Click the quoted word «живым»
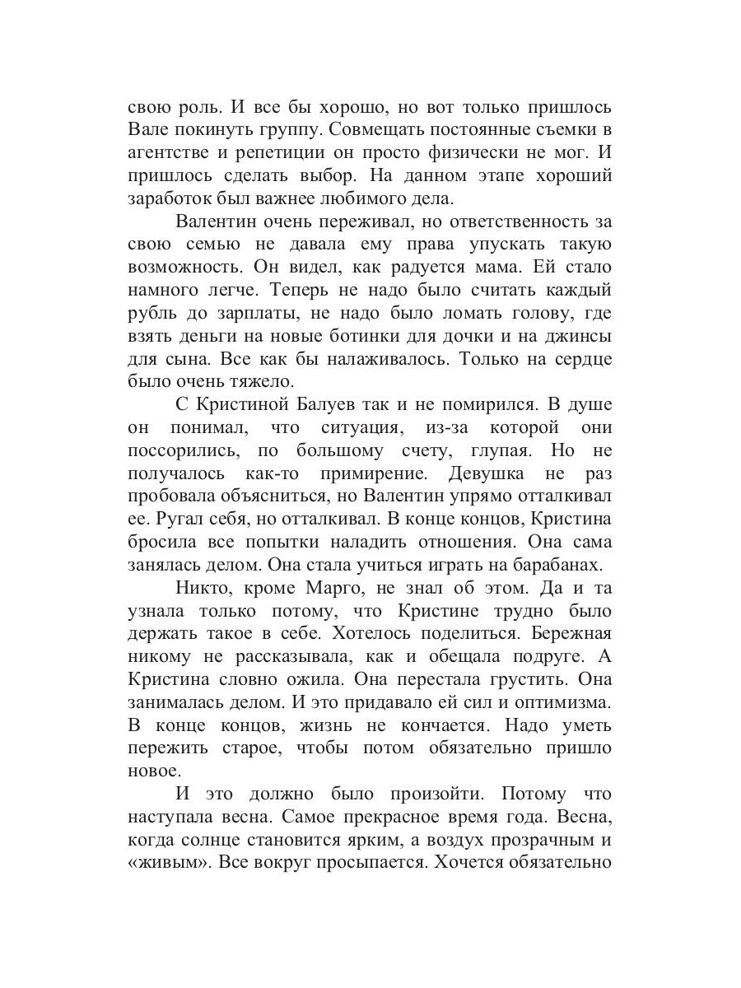168,864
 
